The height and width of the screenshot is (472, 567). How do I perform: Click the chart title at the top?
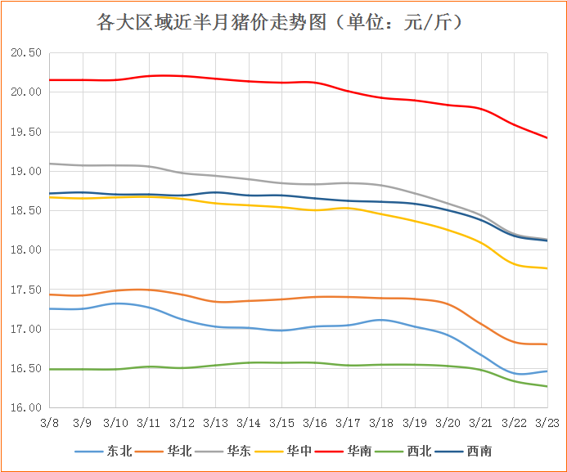(x=283, y=22)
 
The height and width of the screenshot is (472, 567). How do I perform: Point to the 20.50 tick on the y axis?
(x=25, y=53)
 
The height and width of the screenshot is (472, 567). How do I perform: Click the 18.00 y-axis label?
(x=25, y=250)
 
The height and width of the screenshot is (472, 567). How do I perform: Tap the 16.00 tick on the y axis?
(x=25, y=408)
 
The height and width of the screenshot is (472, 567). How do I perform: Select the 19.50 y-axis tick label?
(x=25, y=132)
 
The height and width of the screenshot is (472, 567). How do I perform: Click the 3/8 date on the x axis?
(x=49, y=423)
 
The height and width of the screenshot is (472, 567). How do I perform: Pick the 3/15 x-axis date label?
(x=281, y=423)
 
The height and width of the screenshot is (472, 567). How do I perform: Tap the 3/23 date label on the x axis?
(x=547, y=423)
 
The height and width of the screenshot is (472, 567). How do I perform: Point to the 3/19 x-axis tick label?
(x=414, y=423)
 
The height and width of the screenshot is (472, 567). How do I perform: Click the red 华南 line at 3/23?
(x=547, y=137)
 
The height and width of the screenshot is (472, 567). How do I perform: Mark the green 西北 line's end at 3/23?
(x=547, y=386)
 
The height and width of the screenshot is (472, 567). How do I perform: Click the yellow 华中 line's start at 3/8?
(x=49, y=197)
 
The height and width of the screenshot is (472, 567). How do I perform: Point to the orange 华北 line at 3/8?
(x=49, y=294)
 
